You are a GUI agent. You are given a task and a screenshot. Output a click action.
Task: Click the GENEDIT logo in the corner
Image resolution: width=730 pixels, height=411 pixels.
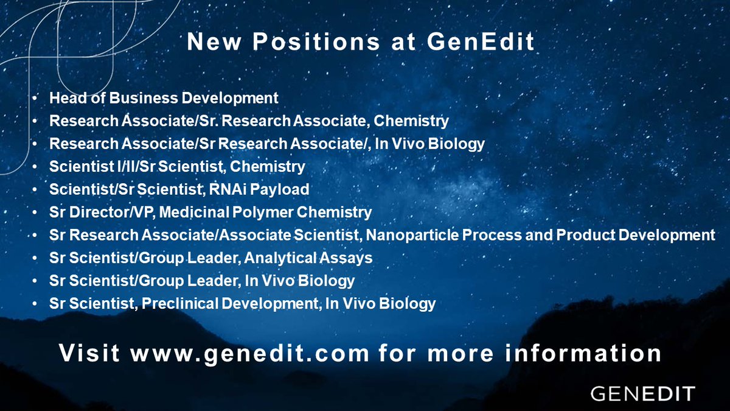[x=642, y=393]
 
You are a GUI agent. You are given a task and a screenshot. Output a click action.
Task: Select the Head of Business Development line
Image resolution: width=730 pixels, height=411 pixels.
[x=164, y=97]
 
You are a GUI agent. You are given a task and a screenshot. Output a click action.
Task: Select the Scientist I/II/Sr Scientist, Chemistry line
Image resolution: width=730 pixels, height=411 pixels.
[x=177, y=166]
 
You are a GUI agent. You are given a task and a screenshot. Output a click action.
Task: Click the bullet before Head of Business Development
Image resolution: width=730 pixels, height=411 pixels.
[x=38, y=98]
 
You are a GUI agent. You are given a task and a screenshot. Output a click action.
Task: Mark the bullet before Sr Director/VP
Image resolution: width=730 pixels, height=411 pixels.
[x=38, y=213]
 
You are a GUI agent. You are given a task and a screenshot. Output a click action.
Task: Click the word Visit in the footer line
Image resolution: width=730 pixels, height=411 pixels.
[x=90, y=353]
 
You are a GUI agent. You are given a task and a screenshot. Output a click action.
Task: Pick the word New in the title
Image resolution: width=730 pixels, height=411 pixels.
[x=209, y=42]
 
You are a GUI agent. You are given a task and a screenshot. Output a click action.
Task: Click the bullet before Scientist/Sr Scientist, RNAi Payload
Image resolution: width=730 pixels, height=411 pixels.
[x=38, y=189]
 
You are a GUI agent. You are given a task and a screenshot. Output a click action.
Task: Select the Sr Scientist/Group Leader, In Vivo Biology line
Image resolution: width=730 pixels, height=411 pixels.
[x=202, y=281]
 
